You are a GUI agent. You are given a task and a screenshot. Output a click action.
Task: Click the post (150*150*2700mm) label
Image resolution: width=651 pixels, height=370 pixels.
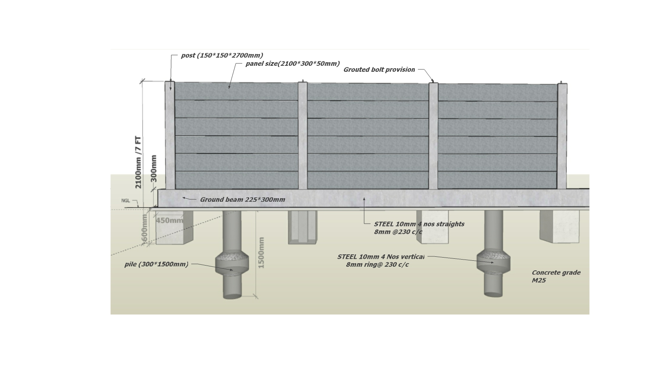[222, 55]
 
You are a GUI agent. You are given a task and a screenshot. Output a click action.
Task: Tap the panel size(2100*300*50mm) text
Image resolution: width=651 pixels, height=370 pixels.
[293, 63]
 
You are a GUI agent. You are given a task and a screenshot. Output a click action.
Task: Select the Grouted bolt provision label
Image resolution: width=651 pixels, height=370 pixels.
[379, 69]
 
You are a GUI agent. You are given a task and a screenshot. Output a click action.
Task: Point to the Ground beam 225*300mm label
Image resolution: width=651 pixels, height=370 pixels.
[242, 199]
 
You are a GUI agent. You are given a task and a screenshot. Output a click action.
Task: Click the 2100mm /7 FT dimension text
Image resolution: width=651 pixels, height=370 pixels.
[138, 162]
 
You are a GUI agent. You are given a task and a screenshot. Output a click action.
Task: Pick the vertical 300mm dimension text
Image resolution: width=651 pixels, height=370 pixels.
[154, 168]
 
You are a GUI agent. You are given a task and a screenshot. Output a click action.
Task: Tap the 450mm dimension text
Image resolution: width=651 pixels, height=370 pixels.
[169, 220]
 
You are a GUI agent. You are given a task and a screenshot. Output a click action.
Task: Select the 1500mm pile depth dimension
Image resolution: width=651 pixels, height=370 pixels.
[261, 252]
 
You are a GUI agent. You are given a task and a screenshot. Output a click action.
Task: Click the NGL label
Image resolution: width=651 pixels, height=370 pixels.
[125, 201]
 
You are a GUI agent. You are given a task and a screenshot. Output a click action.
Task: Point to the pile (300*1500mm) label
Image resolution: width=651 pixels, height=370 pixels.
[156, 264]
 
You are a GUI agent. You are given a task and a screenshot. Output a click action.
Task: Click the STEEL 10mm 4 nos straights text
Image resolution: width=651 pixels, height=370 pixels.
[419, 224]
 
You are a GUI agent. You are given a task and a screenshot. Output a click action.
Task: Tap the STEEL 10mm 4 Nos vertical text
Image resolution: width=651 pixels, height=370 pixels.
[381, 257]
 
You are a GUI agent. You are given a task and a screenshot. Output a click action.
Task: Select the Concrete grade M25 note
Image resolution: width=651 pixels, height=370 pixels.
[556, 276]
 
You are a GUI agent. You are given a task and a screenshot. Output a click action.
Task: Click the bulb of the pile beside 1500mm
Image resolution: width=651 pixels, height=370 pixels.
[232, 263]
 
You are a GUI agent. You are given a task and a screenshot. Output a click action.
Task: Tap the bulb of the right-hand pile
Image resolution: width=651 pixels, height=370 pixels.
[493, 261]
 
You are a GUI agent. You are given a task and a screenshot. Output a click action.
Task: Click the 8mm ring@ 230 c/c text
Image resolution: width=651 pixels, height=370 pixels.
[377, 265]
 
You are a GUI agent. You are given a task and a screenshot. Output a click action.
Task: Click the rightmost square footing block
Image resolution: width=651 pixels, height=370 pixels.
[559, 226]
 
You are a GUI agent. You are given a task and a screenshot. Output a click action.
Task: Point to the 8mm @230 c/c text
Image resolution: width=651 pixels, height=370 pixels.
[398, 232]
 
